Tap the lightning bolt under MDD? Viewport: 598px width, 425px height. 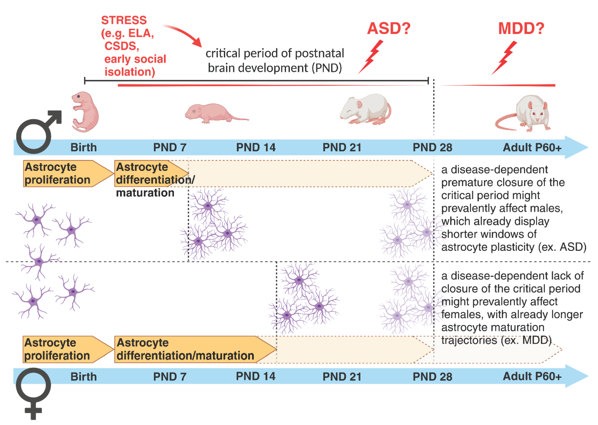(x=504, y=58)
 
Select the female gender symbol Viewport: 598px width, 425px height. (x=33, y=393)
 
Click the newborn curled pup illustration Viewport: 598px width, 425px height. (x=85, y=112)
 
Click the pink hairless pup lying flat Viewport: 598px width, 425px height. (x=214, y=113)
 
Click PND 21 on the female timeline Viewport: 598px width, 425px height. (x=342, y=377)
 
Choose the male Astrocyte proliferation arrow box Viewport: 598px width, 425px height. (x=65, y=173)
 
